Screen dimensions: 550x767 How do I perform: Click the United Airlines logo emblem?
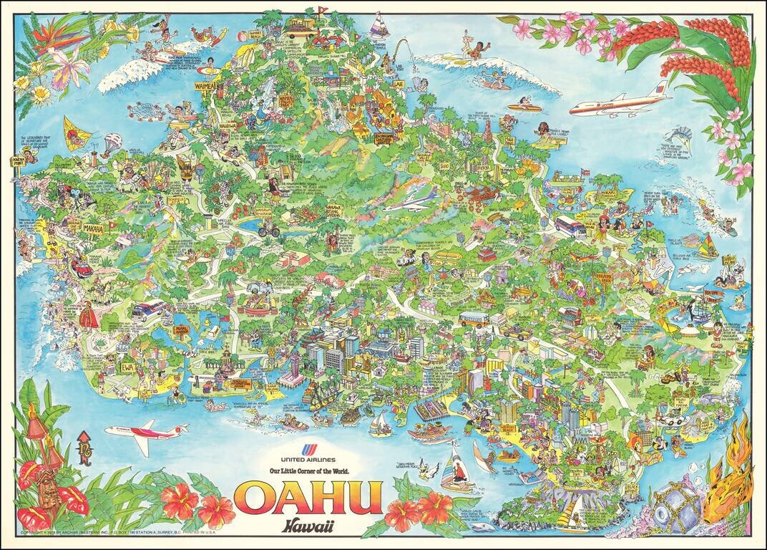[x=308, y=450]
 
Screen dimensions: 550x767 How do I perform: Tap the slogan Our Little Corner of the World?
[x=308, y=471]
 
